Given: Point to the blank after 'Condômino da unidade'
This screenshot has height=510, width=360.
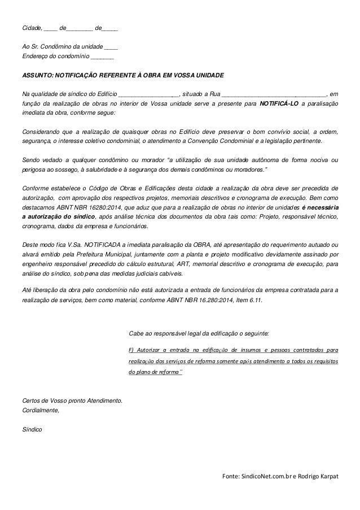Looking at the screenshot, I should [x=111, y=47].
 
